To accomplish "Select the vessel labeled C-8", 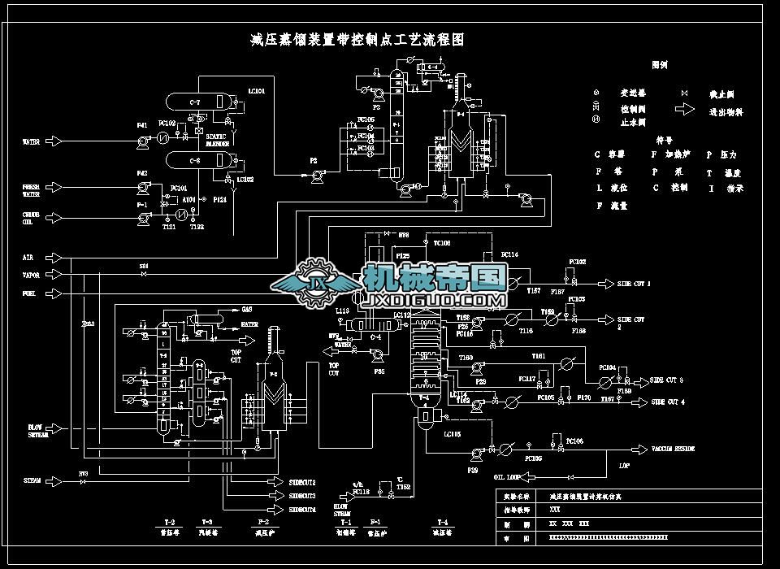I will [x=196, y=160].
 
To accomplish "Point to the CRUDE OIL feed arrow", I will [x=55, y=217].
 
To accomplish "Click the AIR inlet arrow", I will [x=55, y=258].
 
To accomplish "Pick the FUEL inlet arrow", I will [x=55, y=293].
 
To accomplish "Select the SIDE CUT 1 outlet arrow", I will [x=604, y=284].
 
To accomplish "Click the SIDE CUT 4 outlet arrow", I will [x=635, y=402].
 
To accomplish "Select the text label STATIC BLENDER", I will [x=217, y=140].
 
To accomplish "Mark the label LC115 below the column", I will [x=452, y=435].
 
